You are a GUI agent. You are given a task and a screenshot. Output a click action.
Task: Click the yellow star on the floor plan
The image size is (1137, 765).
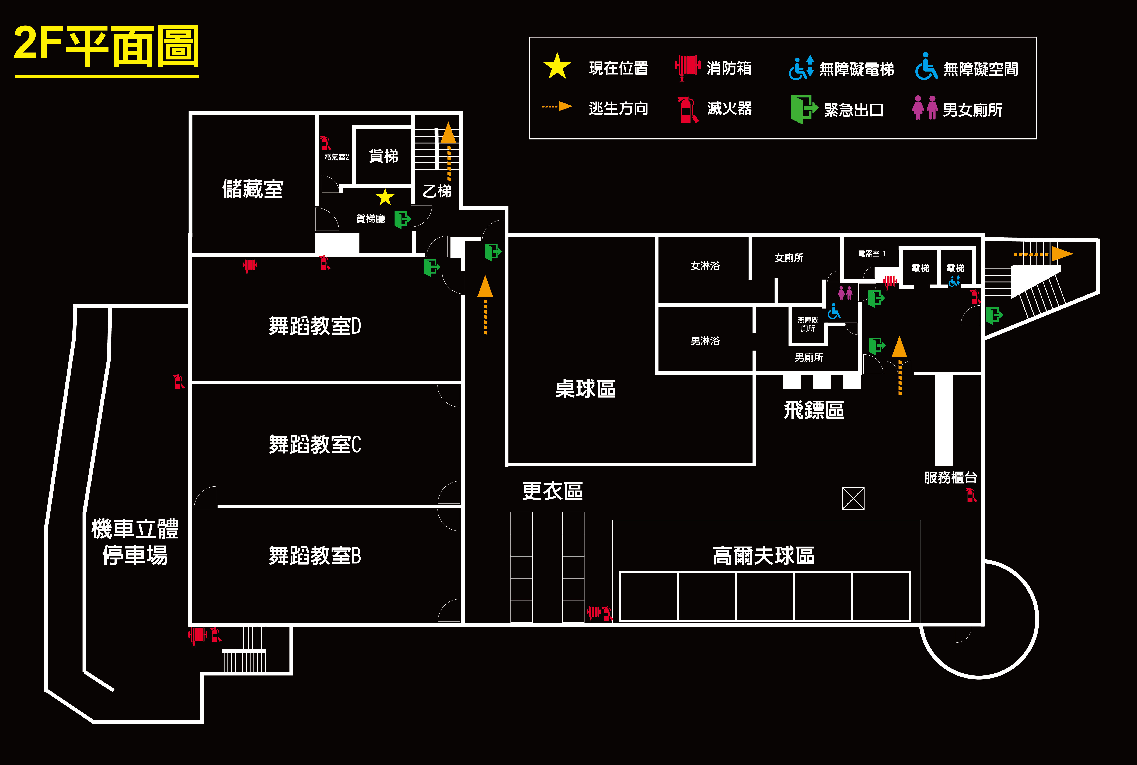[385, 198]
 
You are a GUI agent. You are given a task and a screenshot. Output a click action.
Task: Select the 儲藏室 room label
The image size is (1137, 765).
[253, 189]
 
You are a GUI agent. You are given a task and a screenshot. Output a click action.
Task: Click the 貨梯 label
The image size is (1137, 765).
[383, 156]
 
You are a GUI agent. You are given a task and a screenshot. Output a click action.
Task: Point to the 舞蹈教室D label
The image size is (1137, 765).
[315, 326]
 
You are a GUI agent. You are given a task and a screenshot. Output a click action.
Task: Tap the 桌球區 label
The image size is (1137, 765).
[585, 389]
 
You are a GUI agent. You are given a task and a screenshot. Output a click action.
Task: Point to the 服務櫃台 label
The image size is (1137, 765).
[950, 478]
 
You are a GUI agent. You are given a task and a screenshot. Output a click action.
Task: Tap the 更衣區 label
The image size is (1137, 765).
[552, 491]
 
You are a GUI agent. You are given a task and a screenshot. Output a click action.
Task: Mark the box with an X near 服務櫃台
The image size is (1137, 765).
[853, 499]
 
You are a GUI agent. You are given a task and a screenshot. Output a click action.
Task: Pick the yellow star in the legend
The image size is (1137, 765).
[557, 67]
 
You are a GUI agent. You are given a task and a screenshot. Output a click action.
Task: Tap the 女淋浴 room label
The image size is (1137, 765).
[705, 266]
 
